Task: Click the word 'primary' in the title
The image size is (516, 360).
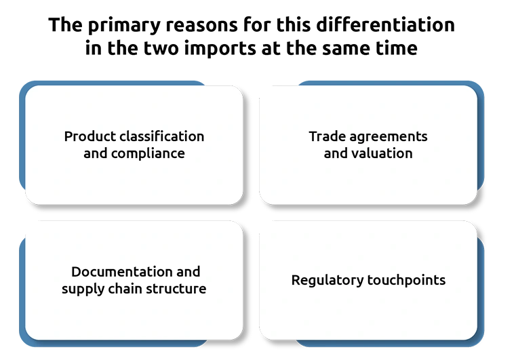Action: [124, 26]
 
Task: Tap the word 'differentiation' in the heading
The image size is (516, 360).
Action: [385, 24]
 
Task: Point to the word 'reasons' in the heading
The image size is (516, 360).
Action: [202, 26]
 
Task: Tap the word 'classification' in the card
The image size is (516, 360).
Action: [161, 136]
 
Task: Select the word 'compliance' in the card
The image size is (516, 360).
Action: [148, 154]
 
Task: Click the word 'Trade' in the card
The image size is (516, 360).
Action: [327, 136]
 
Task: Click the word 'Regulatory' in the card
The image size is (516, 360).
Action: [327, 281]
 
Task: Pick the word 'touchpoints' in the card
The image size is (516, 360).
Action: [406, 281]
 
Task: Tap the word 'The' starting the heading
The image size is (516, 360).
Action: [65, 25]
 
